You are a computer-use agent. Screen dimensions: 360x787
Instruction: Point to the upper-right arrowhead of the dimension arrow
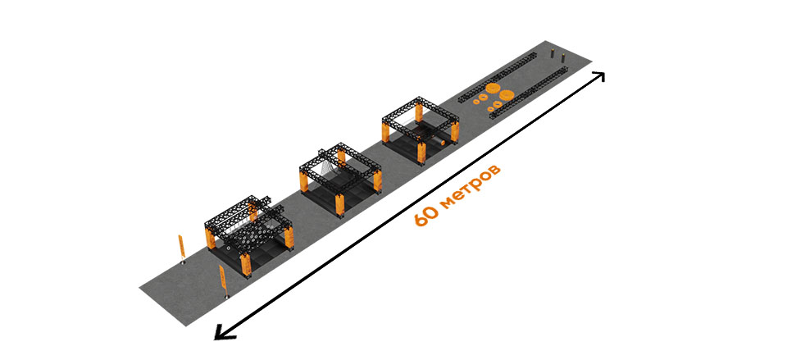(602, 75)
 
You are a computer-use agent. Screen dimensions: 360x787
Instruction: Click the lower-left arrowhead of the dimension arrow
(219, 335)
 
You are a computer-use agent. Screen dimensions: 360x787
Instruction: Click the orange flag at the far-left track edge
(181, 248)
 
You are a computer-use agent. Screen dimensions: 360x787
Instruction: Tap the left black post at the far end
(553, 54)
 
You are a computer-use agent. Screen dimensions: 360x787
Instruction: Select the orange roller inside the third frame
(439, 144)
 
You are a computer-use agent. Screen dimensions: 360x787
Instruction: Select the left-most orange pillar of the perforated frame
(210, 237)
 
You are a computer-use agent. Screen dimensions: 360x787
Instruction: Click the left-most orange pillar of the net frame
(305, 179)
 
